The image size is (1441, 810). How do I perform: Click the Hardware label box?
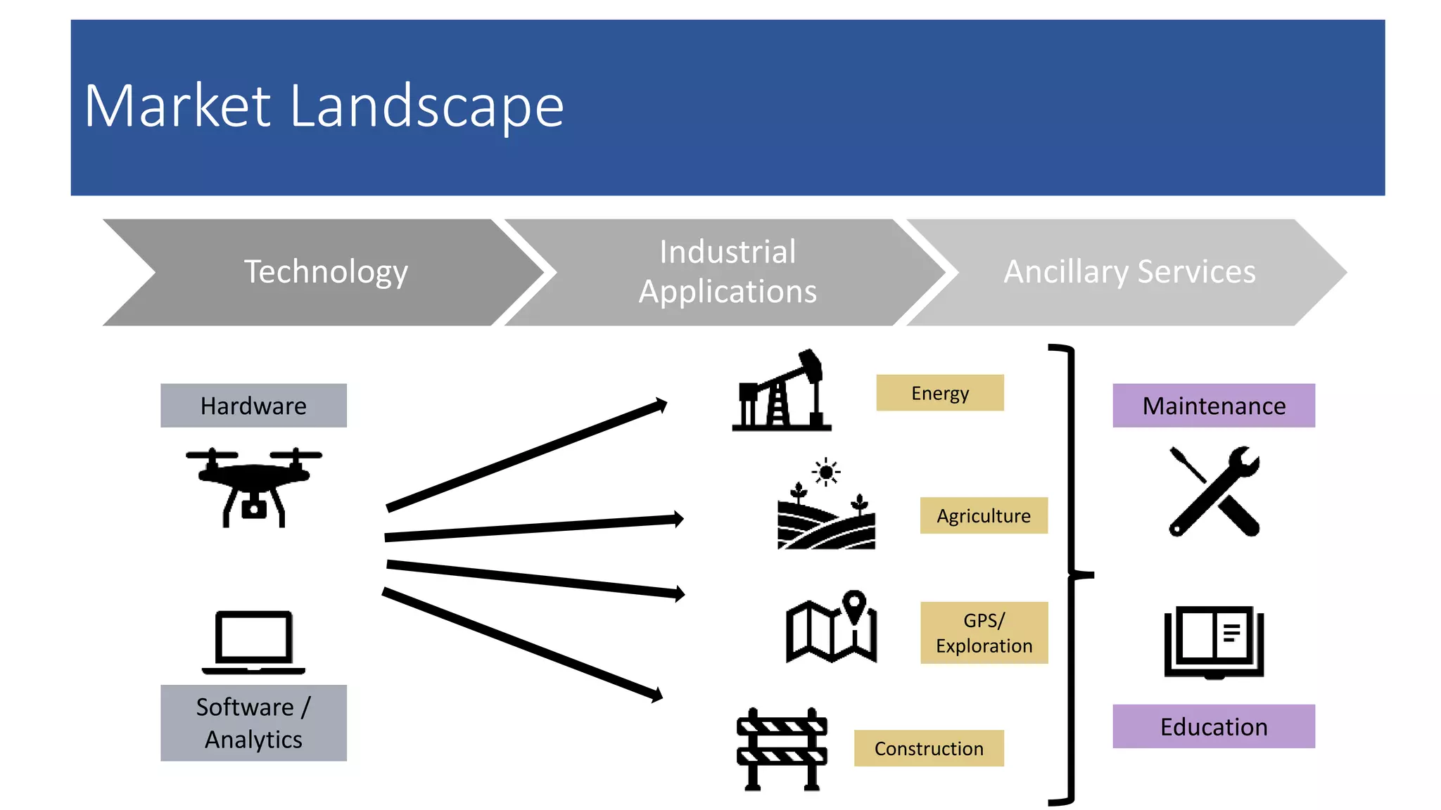tap(253, 406)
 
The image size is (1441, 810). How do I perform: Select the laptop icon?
tap(253, 641)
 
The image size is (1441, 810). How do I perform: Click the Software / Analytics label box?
tap(253, 723)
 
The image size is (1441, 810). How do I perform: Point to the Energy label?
tap(939, 393)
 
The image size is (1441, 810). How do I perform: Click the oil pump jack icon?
tap(782, 391)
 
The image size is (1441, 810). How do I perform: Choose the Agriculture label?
tap(983, 515)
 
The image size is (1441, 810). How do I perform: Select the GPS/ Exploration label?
tap(984, 633)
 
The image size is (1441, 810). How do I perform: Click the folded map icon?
tap(831, 627)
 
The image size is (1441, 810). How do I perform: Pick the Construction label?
tap(929, 748)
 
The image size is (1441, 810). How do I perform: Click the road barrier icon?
tap(782, 750)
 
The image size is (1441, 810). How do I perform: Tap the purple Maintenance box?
tap(1213, 406)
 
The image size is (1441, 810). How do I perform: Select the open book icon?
tap(1214, 641)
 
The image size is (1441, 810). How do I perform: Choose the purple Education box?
tap(1213, 726)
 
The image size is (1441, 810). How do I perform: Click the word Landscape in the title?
tap(426, 107)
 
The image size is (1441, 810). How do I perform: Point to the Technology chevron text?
tap(326, 272)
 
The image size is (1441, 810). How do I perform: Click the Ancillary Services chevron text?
tap(1129, 272)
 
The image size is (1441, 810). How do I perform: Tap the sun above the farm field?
tap(826, 472)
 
